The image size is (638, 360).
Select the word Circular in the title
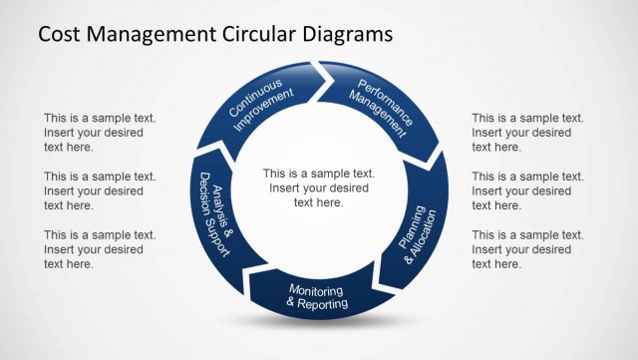(x=254, y=34)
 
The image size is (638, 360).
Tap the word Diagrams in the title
(x=343, y=34)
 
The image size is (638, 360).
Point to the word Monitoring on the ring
(x=316, y=290)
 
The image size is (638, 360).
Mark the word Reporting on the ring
(x=323, y=303)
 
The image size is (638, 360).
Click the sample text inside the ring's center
(x=318, y=186)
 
